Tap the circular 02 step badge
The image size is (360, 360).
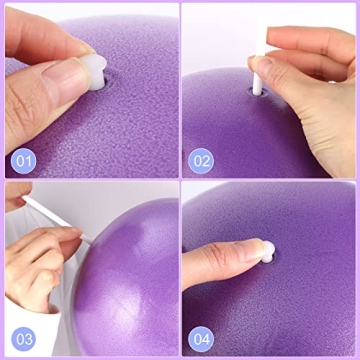point(203,160)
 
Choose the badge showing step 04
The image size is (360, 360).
point(203,337)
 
